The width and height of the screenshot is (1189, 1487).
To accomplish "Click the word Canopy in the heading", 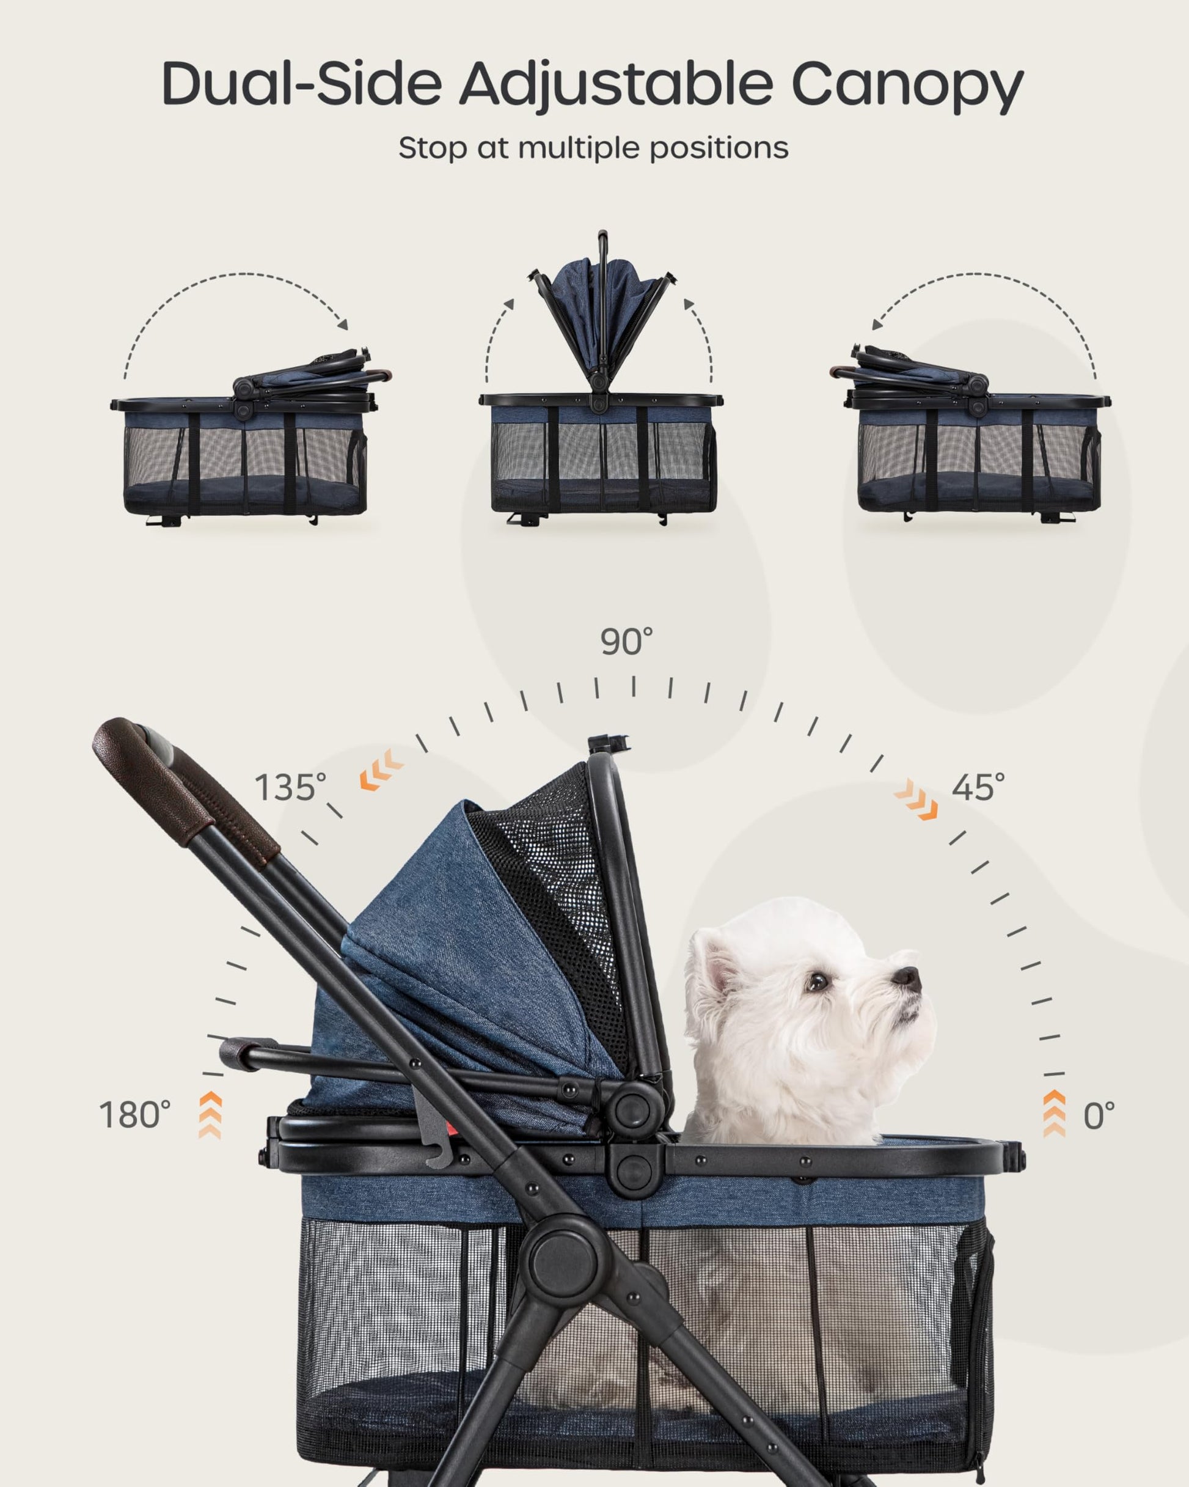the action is click(907, 85).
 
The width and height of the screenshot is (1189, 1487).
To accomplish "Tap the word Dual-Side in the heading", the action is click(301, 84).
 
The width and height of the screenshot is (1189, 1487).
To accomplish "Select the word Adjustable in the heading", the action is click(616, 85).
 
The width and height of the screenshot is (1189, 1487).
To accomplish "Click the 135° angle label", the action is click(290, 787).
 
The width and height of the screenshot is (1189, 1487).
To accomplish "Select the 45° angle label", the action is click(978, 787).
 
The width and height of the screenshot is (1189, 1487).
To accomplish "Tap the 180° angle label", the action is click(134, 1115).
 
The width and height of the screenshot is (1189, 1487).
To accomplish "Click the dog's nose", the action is click(909, 978).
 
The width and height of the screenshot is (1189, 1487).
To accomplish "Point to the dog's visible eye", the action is click(818, 980).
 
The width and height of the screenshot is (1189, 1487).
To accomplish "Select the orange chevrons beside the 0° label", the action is click(1054, 1114).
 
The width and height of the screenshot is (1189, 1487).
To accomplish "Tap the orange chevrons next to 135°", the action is click(381, 769).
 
